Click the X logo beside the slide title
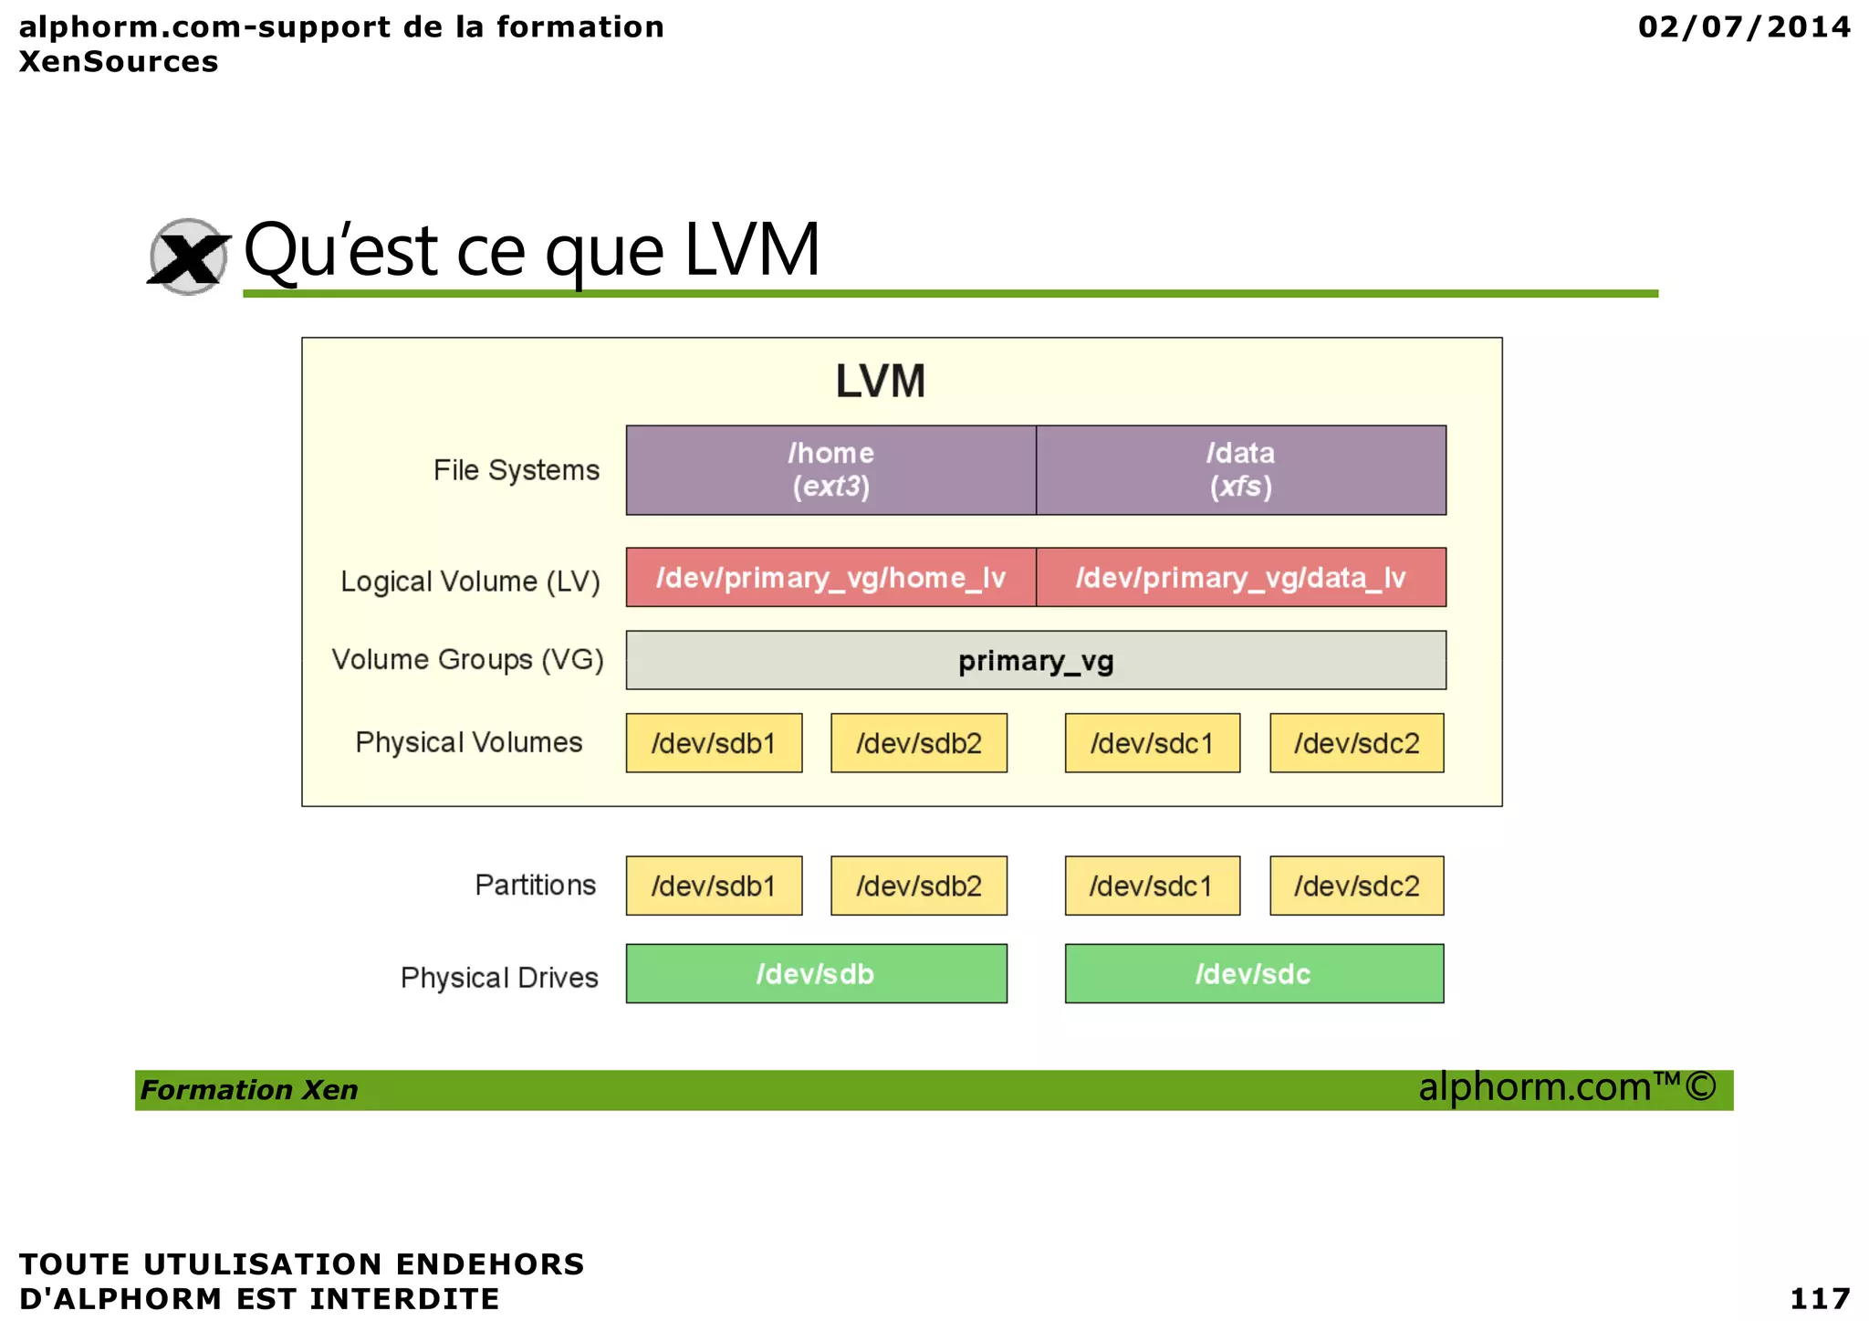pos(188,257)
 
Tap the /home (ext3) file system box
pos(830,470)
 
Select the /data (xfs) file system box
pos(1240,470)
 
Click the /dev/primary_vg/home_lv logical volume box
pos(830,577)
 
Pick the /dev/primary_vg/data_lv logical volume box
pos(1240,577)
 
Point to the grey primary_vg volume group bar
pos(1036,660)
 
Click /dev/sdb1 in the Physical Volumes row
pos(714,743)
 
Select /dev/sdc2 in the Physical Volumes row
pos(1356,743)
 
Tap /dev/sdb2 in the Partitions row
pos(918,886)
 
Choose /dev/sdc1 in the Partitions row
pos(1152,886)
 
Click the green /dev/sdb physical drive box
pos(816,974)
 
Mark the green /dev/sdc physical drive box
pos(1254,974)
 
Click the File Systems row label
pos(516,470)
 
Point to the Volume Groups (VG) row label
pos(467,659)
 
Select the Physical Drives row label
pos(499,978)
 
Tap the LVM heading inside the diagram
pos(881,381)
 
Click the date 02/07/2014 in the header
pos(1744,26)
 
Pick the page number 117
pos(1820,1297)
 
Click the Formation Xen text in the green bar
pos(249,1090)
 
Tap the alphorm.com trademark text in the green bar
pos(1567,1087)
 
